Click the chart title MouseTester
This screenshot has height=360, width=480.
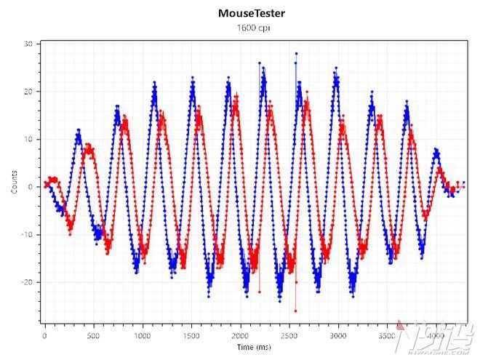click(251, 13)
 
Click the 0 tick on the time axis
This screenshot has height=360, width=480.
click(45, 337)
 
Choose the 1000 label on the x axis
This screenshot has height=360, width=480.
click(143, 337)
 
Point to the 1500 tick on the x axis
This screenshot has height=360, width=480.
click(191, 337)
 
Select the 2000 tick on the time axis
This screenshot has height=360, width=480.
click(240, 337)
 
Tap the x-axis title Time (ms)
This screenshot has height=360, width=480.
click(251, 348)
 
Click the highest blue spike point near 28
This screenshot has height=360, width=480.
click(296, 53)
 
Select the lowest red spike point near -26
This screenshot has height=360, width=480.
click(295, 311)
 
